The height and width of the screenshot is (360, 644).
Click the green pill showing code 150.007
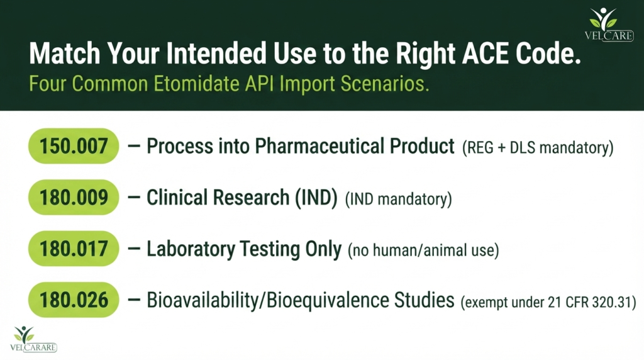[74, 146]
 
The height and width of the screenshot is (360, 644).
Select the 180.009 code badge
[74, 197]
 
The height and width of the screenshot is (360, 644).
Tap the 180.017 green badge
[74, 249]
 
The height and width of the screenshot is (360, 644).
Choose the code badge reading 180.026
[74, 300]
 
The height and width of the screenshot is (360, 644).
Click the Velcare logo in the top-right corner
[609, 25]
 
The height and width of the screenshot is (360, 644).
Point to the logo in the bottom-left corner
[33, 339]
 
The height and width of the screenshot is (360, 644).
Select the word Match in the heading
[65, 53]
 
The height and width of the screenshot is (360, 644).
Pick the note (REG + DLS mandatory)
[538, 147]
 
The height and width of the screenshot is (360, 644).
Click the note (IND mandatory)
[398, 200]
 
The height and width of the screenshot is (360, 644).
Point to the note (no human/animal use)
[423, 250]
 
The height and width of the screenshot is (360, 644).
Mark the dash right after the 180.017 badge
[134, 249]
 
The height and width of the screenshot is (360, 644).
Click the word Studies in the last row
[425, 300]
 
